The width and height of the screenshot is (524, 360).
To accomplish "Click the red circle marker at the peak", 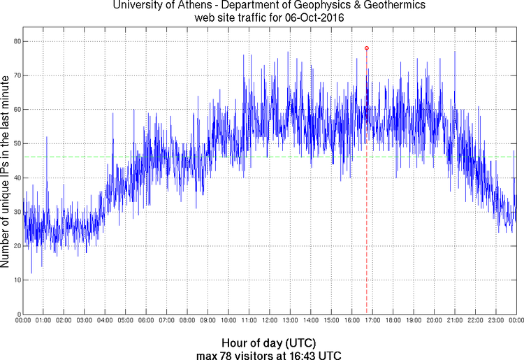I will pyautogui.click(x=367, y=48).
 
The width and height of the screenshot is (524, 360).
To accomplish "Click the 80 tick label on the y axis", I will pyautogui.click(x=16, y=41).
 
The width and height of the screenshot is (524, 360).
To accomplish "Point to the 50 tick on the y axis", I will pyautogui.click(x=16, y=143).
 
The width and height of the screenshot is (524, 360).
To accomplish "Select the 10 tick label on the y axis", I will pyautogui.click(x=16, y=280).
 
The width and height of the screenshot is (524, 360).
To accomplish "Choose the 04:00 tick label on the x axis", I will pyautogui.click(x=105, y=321).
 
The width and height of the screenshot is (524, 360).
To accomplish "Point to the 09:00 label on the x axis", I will pyautogui.click(x=208, y=321).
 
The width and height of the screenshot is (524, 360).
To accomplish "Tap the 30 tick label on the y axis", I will pyautogui.click(x=16, y=212).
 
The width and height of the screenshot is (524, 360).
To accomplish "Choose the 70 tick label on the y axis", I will pyautogui.click(x=16, y=75).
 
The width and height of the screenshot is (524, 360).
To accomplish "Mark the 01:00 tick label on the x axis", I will pyautogui.click(x=43, y=321).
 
